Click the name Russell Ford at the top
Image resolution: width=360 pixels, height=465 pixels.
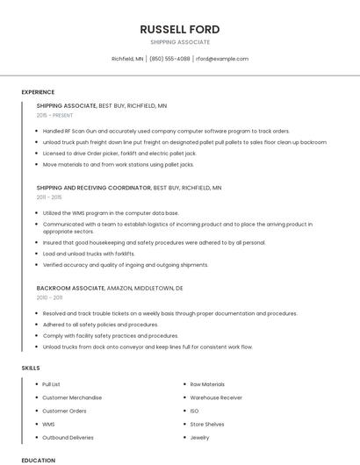(x=180, y=29)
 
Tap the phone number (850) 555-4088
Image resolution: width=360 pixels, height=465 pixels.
(x=169, y=59)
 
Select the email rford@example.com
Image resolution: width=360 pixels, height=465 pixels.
(x=222, y=59)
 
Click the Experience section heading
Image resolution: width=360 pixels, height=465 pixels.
(x=38, y=92)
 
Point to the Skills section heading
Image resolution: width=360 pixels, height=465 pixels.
(x=31, y=368)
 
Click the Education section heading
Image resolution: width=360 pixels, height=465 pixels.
(x=39, y=460)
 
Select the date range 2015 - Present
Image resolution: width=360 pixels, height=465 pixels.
(x=55, y=115)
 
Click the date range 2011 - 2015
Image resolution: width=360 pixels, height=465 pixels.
(x=49, y=197)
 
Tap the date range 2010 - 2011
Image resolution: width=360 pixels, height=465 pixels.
(x=49, y=297)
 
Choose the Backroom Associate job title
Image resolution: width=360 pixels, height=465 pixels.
(x=70, y=288)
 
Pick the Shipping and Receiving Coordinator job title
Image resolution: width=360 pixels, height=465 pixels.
(x=94, y=188)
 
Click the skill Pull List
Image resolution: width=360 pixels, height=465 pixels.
(x=52, y=384)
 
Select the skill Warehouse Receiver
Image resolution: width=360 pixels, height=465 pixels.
(x=216, y=397)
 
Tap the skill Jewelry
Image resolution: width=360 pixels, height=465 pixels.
(x=199, y=437)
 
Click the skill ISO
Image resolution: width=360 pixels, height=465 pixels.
(x=194, y=411)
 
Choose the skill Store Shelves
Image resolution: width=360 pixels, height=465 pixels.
(x=207, y=424)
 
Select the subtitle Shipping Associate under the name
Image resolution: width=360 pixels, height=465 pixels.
(x=180, y=42)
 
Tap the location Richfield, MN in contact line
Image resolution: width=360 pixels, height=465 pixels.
(x=127, y=59)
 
